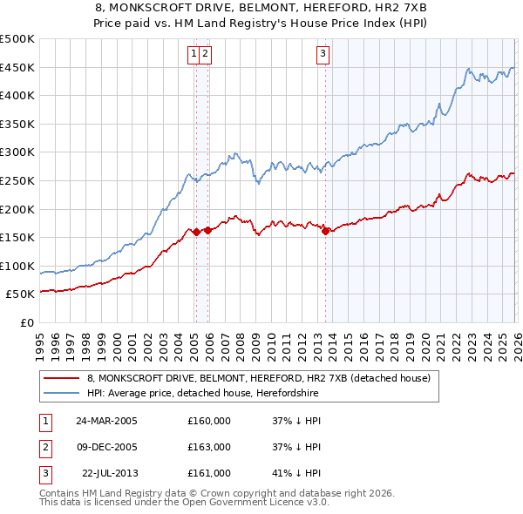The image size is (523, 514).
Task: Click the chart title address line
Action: (x=261, y=8)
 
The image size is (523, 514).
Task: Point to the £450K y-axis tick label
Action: (x=17, y=68)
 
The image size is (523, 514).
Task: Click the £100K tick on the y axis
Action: (x=17, y=266)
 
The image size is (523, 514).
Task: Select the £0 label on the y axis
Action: (x=26, y=322)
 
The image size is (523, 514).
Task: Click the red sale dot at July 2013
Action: (x=325, y=231)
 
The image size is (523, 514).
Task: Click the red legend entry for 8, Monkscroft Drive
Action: (x=259, y=379)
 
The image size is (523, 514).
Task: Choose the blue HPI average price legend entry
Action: (x=202, y=394)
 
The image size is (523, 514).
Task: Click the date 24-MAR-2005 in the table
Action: (x=106, y=420)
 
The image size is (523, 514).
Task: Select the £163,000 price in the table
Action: (x=209, y=447)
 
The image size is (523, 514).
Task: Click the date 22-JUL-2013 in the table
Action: (x=109, y=473)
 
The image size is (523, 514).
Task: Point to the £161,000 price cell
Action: (x=209, y=473)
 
